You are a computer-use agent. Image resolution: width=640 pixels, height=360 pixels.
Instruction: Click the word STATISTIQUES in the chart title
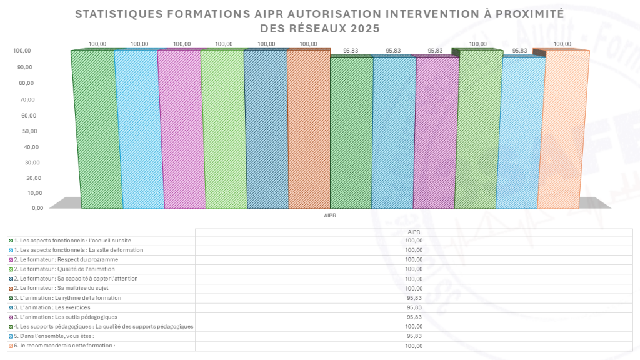(119, 14)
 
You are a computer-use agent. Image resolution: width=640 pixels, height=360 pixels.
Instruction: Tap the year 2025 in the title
(364, 29)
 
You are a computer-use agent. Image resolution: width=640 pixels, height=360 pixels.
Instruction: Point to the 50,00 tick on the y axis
(30, 131)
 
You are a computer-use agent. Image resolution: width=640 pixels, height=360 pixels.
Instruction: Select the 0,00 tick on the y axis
(37, 208)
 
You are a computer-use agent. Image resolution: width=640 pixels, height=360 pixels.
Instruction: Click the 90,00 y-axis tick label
(25, 67)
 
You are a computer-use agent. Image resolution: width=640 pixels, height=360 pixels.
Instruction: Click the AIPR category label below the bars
(330, 216)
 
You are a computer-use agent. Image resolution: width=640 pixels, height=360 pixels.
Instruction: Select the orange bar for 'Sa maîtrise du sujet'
(309, 129)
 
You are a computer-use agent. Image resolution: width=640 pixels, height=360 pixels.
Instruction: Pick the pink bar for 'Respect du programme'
(181, 129)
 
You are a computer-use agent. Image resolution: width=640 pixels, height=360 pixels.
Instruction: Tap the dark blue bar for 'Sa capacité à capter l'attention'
(266, 129)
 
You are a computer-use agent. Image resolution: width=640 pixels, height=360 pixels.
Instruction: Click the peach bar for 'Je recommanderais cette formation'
(563, 129)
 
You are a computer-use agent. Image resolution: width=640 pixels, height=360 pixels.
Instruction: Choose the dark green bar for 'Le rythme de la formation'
(351, 132)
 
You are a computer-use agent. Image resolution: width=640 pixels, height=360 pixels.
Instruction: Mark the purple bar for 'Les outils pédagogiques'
(436, 132)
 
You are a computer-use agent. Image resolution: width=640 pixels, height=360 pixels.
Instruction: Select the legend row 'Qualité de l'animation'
(62, 269)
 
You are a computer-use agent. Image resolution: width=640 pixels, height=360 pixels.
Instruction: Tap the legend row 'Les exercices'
(49, 307)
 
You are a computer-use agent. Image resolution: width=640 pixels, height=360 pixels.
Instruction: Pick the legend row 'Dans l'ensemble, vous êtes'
(51, 336)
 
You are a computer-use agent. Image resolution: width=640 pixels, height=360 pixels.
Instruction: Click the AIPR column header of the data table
(414, 232)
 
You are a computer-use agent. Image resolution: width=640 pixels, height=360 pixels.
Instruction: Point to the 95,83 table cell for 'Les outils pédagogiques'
(414, 317)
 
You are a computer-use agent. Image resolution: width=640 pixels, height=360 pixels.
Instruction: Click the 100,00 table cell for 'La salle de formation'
(414, 250)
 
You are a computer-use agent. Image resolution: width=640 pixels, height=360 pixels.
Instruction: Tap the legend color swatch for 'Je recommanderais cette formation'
(11, 346)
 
